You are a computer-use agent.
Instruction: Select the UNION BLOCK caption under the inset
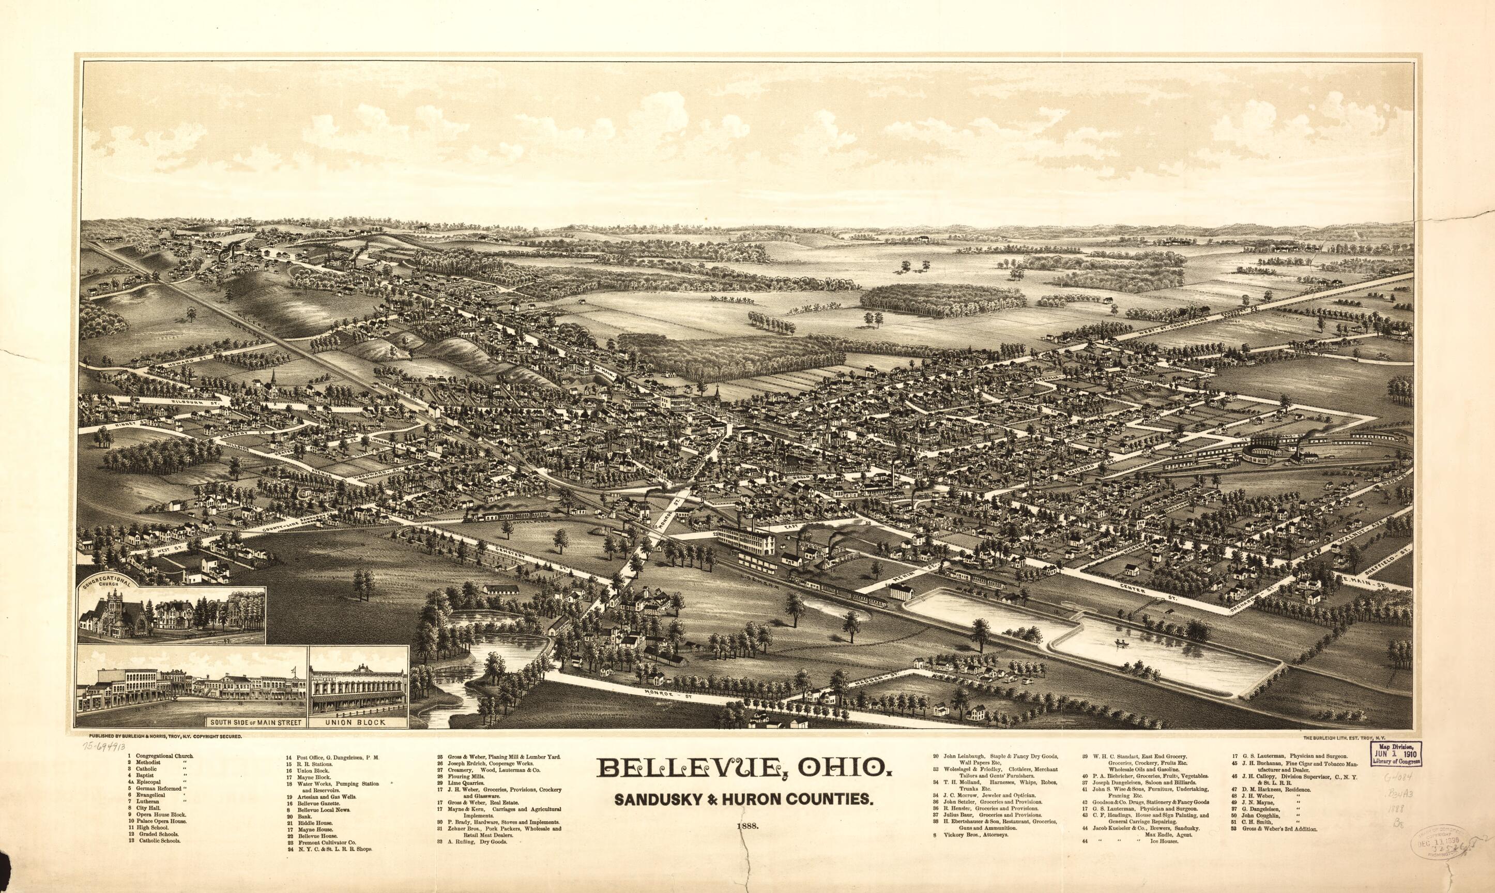[359, 721]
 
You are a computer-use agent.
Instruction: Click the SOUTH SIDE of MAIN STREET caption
[256, 721]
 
